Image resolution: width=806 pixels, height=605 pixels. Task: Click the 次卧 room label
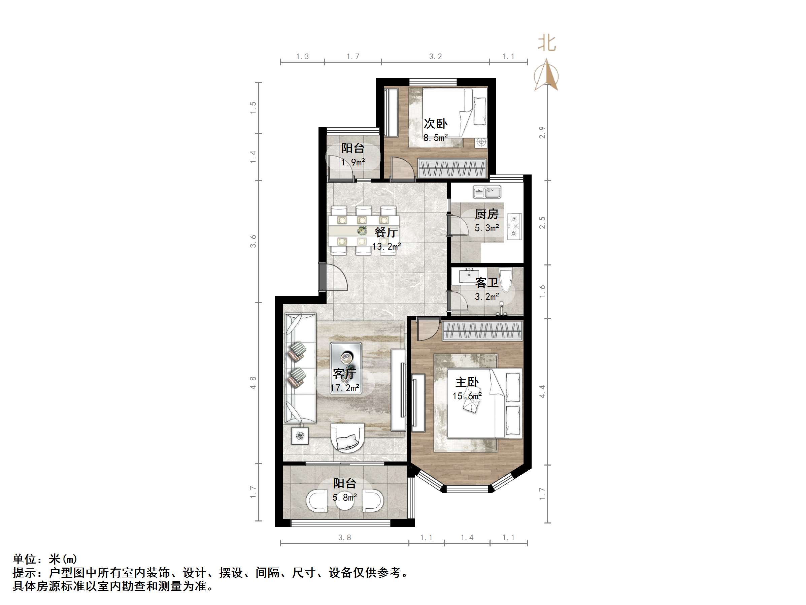435,124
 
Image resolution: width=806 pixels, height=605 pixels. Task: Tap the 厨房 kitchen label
486,214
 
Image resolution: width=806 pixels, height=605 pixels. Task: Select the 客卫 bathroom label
487,283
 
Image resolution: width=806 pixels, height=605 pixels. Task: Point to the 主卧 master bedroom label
467,382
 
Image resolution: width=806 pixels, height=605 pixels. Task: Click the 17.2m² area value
345,388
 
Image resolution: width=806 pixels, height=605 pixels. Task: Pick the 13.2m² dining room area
386,247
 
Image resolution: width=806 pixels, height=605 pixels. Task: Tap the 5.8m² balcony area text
344,497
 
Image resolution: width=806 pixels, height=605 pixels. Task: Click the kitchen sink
487,192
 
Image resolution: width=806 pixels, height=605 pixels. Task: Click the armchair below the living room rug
347,438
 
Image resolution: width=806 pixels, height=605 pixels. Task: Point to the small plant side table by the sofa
300,436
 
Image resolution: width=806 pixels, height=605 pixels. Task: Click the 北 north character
547,43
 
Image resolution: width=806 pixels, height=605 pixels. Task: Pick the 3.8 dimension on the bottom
344,537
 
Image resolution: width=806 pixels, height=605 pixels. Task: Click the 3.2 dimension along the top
435,57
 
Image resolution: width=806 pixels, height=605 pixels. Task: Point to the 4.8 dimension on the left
253,383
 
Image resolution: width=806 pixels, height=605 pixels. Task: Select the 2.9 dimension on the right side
542,132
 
